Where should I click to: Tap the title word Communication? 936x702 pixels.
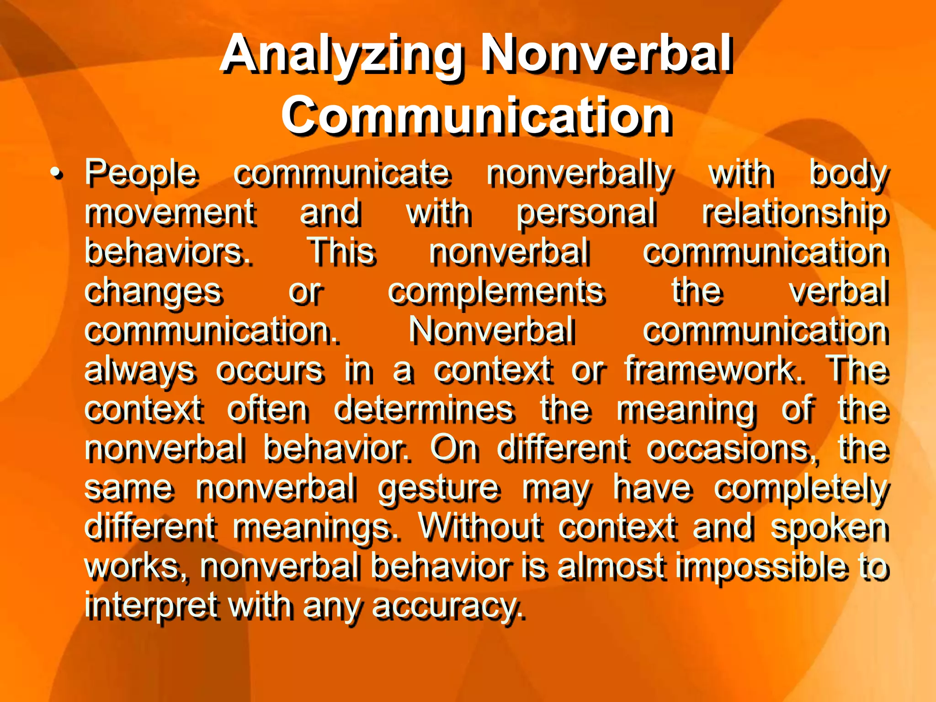click(476, 116)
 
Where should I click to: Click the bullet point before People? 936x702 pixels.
click(56, 174)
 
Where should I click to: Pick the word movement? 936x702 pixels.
click(170, 213)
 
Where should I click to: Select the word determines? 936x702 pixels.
click(424, 409)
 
